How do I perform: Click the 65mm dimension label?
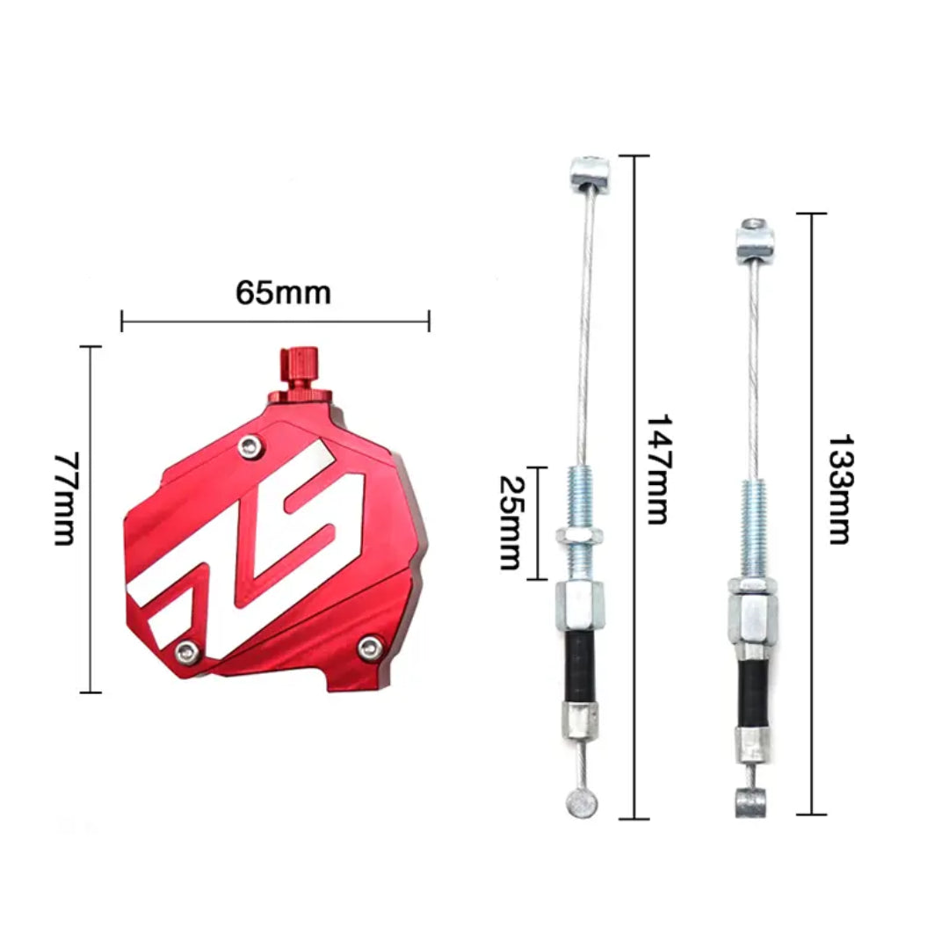point(283,293)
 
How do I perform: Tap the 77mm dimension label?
point(65,498)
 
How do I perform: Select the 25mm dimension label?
point(510,522)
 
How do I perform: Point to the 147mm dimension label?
point(659,469)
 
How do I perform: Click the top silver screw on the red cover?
point(250,446)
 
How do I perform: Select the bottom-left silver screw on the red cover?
point(185,652)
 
